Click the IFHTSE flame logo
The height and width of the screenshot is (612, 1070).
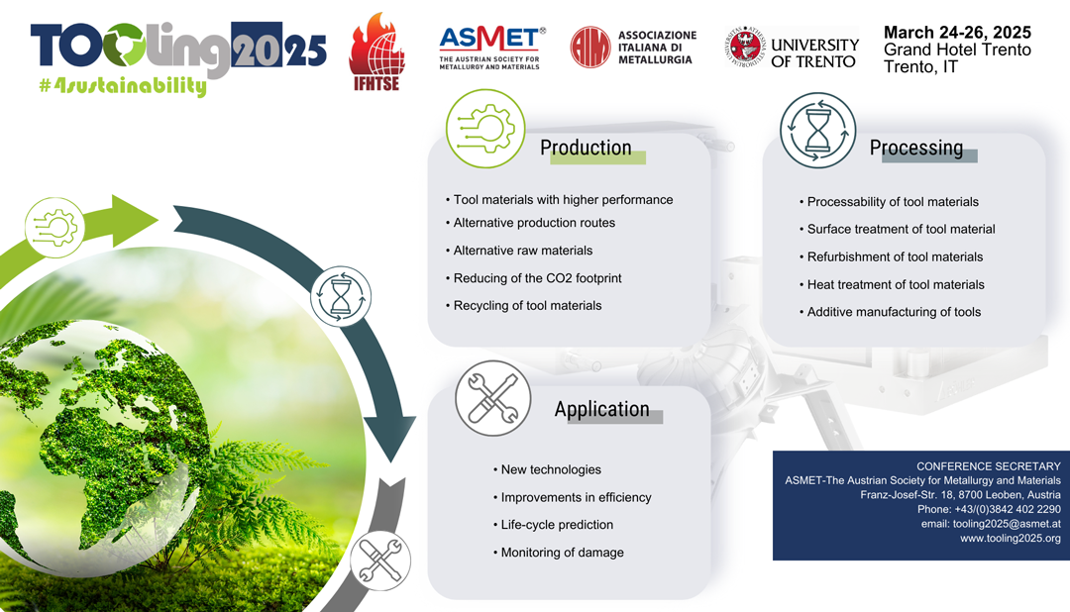click(376, 51)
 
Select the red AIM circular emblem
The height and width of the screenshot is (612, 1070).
click(590, 48)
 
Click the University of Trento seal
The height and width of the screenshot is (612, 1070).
click(745, 47)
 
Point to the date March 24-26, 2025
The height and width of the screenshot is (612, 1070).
click(957, 32)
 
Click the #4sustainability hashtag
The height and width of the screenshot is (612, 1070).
click(123, 86)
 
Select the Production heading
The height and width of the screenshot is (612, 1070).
click(586, 148)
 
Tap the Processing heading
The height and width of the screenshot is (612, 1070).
click(916, 148)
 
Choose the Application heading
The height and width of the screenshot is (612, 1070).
click(602, 409)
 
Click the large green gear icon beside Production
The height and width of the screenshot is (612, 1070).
click(485, 129)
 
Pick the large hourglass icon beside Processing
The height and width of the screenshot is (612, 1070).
click(817, 131)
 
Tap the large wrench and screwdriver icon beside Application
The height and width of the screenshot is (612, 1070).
click(493, 398)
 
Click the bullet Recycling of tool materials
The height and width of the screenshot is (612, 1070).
click(524, 306)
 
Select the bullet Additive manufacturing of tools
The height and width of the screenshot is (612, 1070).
click(890, 312)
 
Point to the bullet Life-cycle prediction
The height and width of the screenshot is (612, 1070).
click(554, 525)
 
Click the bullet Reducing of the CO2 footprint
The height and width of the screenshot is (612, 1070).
click(534, 278)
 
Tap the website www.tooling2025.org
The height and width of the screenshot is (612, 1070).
click(1011, 539)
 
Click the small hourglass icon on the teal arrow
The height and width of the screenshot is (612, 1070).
click(341, 296)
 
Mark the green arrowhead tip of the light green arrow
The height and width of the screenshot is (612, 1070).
click(159, 220)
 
